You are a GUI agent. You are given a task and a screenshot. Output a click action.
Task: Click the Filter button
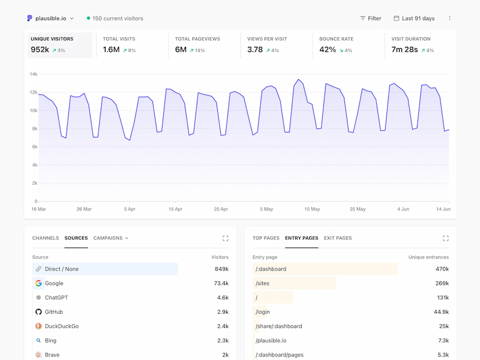[x=370, y=19]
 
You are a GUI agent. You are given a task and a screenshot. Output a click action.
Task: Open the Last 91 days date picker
[x=414, y=19]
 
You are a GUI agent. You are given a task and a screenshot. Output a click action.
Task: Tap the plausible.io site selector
[x=50, y=19]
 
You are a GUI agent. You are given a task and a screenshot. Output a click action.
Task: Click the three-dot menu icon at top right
[x=449, y=19]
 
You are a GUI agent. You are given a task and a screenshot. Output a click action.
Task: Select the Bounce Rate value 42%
[x=328, y=50]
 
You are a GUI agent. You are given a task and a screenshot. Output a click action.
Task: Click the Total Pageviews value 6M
[x=181, y=50]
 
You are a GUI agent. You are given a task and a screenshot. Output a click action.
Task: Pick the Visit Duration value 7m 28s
[x=404, y=50]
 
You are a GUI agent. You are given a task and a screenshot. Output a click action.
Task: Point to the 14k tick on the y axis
[x=34, y=74]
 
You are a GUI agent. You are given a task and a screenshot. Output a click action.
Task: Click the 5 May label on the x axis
[x=266, y=209]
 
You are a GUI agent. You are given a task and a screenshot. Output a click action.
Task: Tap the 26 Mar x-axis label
[x=84, y=209]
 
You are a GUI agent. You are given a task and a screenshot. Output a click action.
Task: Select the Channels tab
[x=46, y=238]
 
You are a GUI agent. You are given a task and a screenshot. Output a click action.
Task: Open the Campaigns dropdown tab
[x=111, y=238]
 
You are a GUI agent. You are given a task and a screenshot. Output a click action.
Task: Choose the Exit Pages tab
[x=338, y=238]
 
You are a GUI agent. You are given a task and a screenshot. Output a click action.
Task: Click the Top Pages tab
[x=266, y=238]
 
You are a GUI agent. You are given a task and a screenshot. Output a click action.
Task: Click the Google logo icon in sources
[x=38, y=283]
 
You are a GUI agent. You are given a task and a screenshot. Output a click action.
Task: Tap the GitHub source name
[x=54, y=312]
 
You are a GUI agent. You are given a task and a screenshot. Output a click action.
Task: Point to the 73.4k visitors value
[x=221, y=283]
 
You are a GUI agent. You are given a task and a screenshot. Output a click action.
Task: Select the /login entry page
[x=263, y=312]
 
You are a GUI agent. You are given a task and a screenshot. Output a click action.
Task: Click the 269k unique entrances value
[x=442, y=283]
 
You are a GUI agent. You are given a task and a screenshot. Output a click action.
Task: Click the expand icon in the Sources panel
[x=226, y=238]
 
